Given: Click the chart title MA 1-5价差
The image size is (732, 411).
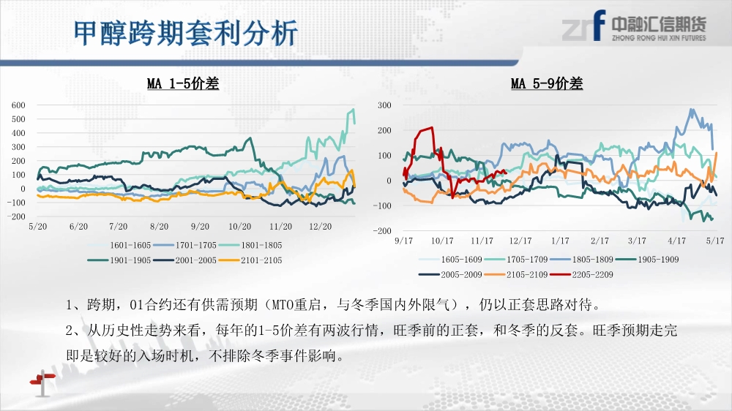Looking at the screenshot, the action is pos(183,83).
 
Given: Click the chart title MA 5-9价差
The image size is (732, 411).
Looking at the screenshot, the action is pos(547,83).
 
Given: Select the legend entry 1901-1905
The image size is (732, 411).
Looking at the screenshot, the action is pos(119,260).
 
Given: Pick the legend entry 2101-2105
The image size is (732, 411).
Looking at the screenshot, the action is pos(250,260).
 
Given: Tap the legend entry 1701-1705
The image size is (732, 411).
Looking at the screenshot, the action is pos(185,245).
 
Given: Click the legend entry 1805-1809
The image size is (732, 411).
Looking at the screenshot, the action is pos(582,260).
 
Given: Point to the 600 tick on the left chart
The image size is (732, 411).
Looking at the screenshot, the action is pos(18,105).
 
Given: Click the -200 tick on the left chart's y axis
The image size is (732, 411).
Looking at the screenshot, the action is pos(16,216).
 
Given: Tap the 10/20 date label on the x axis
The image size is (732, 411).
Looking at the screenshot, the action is pos(240,226).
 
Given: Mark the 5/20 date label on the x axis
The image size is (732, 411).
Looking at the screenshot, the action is pos(38,226).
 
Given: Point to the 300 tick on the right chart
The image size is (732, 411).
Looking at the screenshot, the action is pos(384,105).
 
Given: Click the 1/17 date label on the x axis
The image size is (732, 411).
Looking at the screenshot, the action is pos(560,241).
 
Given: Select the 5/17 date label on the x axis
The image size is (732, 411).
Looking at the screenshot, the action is pos(715,241).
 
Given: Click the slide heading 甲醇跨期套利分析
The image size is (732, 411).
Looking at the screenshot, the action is pos(186,33).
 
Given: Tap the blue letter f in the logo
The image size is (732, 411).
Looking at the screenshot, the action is pos(599,25).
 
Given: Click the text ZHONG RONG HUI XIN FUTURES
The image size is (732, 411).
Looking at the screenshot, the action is pos(660,38).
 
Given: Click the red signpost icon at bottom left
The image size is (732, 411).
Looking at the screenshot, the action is pos(42,382).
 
